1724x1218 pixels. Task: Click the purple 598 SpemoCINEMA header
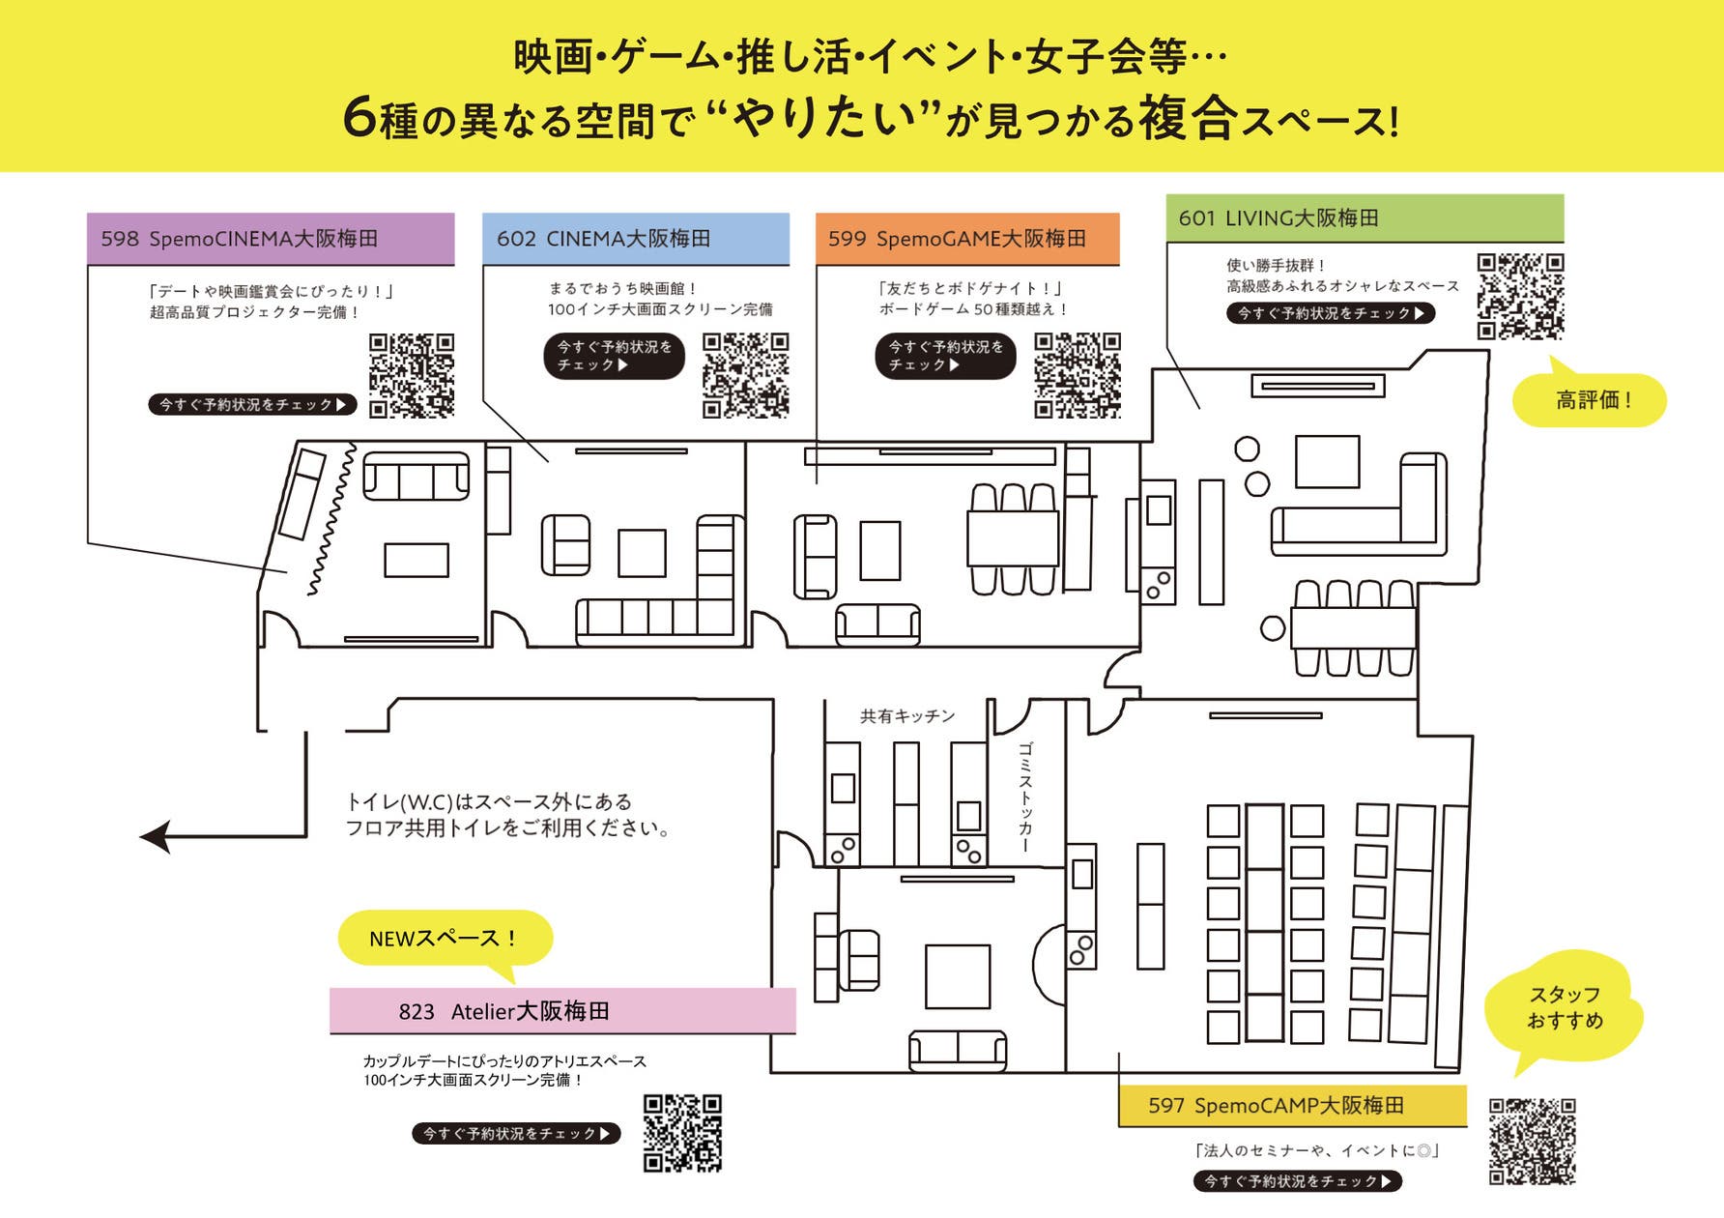pos(271,239)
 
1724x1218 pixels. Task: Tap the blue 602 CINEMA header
pos(635,239)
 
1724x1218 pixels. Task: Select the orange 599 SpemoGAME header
pos(967,239)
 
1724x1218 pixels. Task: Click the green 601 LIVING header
pos(1365,218)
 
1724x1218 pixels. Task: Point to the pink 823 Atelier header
pos(562,1011)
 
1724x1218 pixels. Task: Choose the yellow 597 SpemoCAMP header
pos(1292,1105)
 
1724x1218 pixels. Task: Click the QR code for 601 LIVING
pos(1520,296)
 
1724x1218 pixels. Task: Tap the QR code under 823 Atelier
pos(682,1133)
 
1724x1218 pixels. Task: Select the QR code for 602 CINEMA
pos(745,375)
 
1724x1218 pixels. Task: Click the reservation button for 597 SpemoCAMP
pos(1297,1181)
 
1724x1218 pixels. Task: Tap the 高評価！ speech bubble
pos(1591,400)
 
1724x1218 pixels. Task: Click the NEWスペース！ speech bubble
pos(445,938)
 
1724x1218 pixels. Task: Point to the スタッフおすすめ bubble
pos(1564,1007)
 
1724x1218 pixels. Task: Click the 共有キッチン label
pos(907,716)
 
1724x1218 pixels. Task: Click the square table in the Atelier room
pos(957,976)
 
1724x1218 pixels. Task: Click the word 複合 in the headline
pos(1188,119)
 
